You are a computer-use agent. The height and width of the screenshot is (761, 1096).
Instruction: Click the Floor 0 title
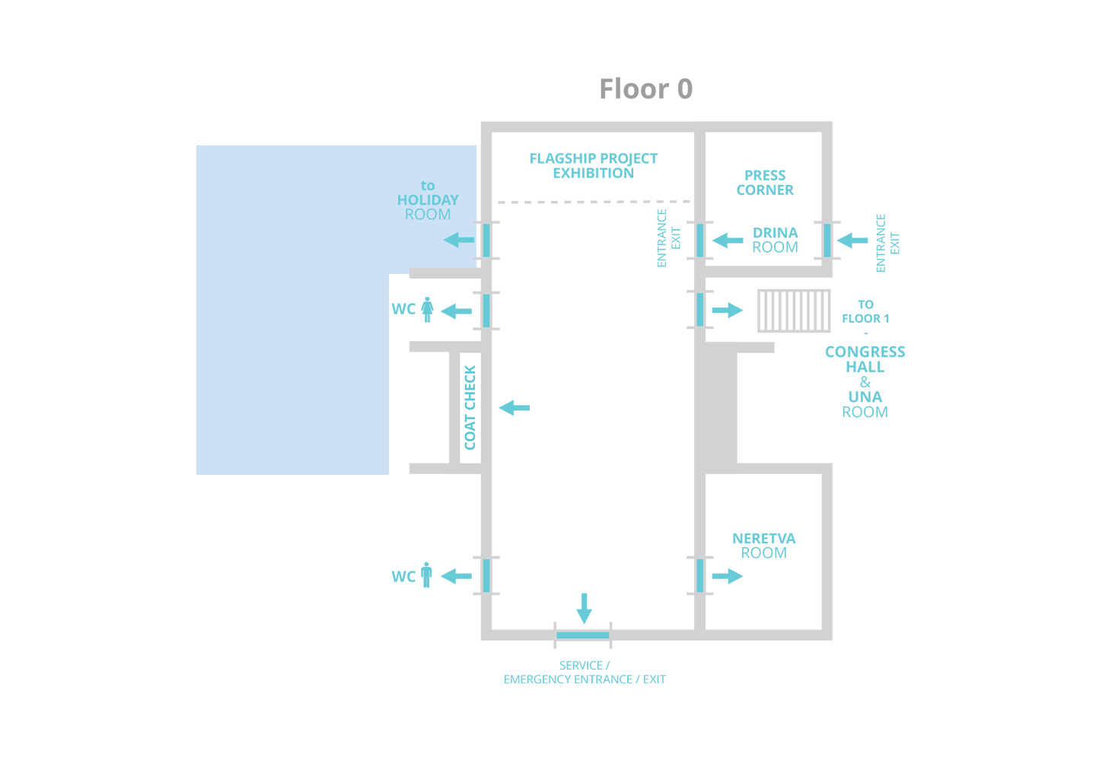(646, 89)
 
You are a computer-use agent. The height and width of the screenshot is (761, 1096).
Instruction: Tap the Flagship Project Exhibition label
(594, 166)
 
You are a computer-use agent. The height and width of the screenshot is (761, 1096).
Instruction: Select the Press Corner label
(765, 183)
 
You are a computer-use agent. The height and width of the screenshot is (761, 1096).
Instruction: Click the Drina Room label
(775, 240)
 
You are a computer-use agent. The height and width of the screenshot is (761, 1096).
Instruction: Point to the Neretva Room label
(764, 546)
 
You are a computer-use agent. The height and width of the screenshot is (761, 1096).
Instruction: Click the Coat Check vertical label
(470, 407)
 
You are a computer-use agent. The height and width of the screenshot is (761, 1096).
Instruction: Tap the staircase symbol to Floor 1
(794, 310)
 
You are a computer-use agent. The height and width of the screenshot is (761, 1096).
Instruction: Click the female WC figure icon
(427, 310)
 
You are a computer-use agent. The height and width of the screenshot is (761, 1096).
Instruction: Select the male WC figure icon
(427, 575)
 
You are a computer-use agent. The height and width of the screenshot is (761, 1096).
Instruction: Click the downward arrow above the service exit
(585, 608)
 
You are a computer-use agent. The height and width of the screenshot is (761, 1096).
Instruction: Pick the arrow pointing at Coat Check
(515, 407)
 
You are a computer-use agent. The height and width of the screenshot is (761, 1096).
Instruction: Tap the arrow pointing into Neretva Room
(728, 576)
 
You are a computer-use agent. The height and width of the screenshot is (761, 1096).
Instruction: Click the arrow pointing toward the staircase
(728, 310)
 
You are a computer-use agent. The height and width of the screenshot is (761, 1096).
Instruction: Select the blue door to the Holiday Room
(486, 240)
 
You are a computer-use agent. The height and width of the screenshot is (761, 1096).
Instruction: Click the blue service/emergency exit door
(583, 635)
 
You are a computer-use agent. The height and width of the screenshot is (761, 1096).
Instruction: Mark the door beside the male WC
(486, 575)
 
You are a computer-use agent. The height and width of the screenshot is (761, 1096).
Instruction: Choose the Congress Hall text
(865, 359)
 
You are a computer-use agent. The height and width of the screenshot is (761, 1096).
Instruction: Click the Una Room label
(865, 404)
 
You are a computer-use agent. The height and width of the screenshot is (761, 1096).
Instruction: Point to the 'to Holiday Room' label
(428, 200)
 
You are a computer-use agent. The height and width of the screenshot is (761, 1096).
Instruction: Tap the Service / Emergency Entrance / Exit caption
(585, 673)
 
